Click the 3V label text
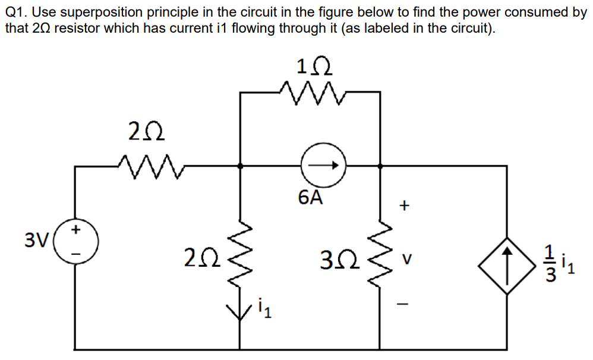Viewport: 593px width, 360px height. tap(37, 240)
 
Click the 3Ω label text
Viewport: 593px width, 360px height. tap(337, 259)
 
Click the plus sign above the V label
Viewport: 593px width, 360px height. tap(405, 206)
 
